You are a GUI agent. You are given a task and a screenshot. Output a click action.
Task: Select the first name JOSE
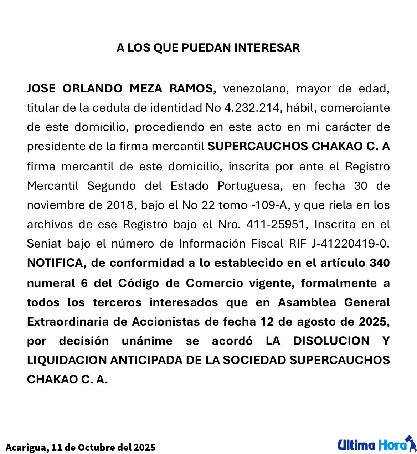tap(41, 88)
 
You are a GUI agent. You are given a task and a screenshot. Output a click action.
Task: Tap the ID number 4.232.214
tap(252, 108)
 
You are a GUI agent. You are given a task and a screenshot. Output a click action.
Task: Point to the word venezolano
tap(255, 88)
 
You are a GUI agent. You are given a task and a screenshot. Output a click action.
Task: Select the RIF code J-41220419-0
tap(350, 244)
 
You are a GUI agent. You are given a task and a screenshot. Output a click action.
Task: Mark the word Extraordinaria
tap(68, 322)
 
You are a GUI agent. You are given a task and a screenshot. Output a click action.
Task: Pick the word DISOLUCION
tap(331, 341)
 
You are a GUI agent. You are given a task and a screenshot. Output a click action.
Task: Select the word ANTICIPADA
tap(146, 360)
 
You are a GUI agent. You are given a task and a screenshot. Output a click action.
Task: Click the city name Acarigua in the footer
tap(26, 447)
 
